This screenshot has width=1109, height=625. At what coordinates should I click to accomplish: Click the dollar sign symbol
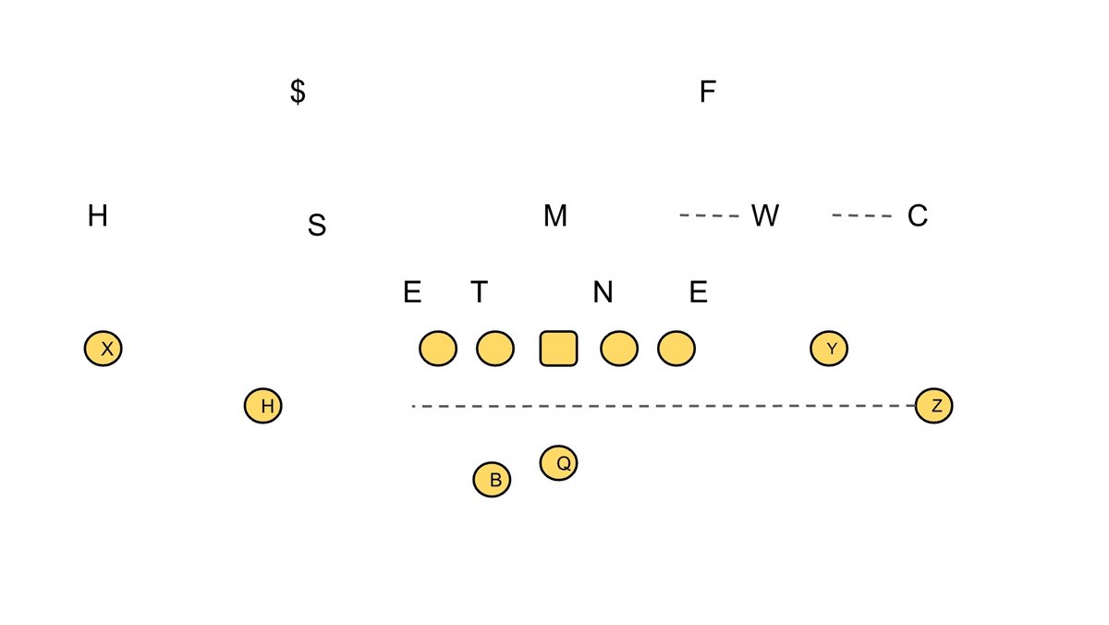298,92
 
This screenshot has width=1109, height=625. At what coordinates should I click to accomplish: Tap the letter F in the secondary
708,92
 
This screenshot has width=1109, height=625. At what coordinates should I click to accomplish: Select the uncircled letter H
98,216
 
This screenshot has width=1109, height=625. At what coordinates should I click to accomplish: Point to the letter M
554,216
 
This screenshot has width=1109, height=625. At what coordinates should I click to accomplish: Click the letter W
764,216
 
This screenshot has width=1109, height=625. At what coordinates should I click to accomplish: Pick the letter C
917,216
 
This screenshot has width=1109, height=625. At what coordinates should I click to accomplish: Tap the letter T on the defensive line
479,292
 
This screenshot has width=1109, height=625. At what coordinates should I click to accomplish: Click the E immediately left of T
412,292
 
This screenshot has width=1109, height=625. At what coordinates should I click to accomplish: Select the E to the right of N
699,292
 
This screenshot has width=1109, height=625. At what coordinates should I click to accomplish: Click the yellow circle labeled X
104,349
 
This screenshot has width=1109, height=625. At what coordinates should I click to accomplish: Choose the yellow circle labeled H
263,405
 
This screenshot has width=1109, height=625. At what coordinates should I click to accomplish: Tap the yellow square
558,349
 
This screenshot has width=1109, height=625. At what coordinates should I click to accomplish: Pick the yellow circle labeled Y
829,349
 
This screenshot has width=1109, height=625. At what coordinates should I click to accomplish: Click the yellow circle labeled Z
933,405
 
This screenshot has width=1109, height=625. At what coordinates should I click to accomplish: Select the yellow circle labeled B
492,480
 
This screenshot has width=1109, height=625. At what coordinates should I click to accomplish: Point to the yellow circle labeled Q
559,462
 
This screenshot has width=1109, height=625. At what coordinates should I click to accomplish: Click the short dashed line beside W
710,216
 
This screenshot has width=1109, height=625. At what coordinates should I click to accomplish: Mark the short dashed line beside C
862,216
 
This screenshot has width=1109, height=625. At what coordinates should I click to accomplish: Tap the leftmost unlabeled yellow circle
438,349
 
